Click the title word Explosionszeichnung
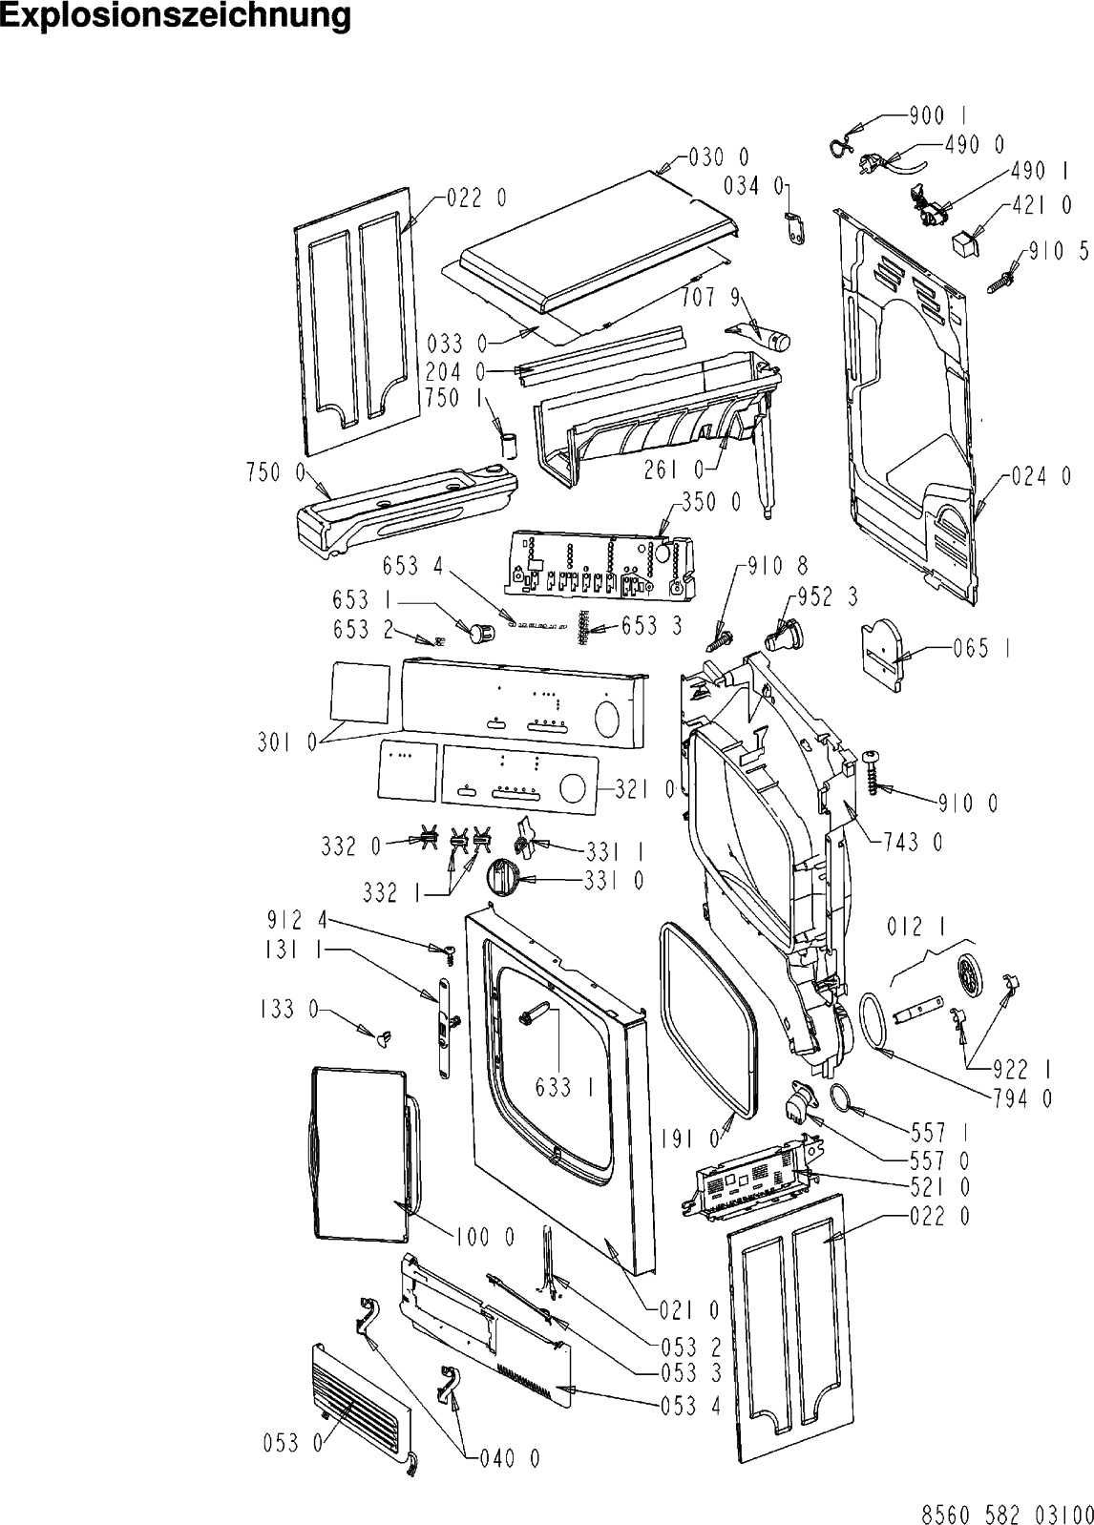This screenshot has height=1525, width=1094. pos(175,16)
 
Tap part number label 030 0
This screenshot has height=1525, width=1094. pos(718,157)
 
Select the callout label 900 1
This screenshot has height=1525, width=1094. pos(934,116)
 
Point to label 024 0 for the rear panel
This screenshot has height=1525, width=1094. pos(1041,476)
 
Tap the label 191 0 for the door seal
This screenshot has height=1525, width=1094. pos(689,1139)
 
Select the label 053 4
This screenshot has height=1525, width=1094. pos(689,1405)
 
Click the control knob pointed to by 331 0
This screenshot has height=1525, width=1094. pos(502,875)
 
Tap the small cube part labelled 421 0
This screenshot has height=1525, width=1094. pos(966,239)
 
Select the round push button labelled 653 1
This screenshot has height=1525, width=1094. pos(481,629)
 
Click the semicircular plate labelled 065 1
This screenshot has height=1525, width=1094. pos(883,650)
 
